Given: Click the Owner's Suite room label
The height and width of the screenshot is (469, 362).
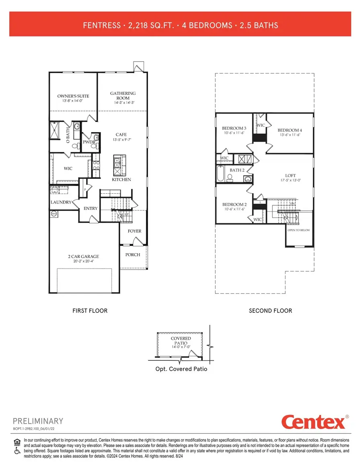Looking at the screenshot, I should [73, 96].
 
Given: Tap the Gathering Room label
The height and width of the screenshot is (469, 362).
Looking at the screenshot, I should [123, 95].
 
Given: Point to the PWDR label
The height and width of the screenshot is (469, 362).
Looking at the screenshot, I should [88, 142].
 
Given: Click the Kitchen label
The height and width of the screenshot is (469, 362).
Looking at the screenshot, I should [121, 180].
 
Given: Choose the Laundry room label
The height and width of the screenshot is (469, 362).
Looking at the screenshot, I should [61, 202].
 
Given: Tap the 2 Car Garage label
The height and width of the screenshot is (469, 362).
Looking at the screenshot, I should [83, 256].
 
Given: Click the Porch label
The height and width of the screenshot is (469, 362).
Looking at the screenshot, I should [133, 254].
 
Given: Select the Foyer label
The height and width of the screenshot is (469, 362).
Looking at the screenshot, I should [134, 231].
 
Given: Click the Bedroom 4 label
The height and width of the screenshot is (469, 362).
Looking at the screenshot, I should [290, 130].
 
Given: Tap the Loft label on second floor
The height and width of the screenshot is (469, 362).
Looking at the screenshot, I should [290, 176].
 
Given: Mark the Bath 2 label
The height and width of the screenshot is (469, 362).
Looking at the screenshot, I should [237, 170].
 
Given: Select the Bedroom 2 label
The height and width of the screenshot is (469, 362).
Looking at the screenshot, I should [234, 205].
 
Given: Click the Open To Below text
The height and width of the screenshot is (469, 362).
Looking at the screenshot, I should [298, 231].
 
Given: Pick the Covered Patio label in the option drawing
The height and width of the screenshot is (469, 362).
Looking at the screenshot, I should [181, 341].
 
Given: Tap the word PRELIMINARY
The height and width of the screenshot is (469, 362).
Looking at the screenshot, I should [38, 421].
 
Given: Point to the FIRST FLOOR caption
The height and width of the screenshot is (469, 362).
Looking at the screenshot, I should [90, 310].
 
